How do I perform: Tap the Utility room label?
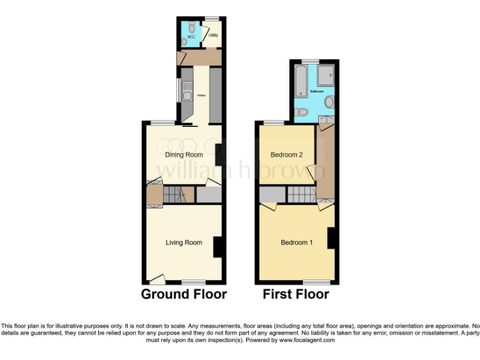212,36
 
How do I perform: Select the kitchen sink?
186,94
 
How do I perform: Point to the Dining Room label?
184,154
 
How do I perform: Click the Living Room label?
184,242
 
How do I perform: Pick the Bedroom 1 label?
296,242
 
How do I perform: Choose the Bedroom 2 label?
286,154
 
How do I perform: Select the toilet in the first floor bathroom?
301,112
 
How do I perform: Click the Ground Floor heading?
184,294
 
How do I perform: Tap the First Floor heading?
296,294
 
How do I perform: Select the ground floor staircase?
176,196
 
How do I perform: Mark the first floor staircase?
300,196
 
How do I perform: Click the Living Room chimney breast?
219,247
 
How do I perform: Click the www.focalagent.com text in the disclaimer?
305,341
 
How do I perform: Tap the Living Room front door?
157,279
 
